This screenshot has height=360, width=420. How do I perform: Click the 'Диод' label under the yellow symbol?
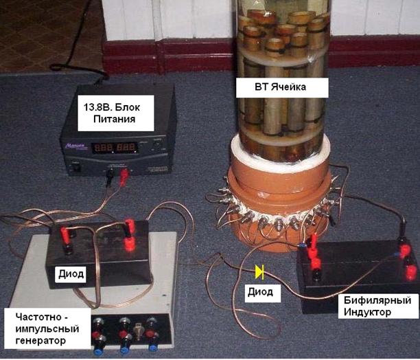260,292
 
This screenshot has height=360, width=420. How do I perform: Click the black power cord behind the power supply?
75,72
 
